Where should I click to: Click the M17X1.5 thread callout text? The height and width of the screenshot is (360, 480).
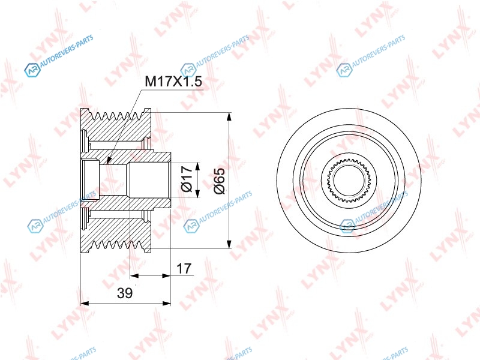pos(173,82)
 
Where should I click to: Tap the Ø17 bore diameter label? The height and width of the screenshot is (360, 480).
pos(187,179)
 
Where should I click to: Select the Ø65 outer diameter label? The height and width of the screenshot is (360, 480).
pos(219,181)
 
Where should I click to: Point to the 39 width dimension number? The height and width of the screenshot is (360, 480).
pos(125,293)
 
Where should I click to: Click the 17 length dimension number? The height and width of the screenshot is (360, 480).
pos(184,268)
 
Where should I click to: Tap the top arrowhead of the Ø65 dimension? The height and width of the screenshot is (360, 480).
pos(229,117)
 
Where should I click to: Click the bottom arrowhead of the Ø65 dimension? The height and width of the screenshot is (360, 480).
pos(229,244)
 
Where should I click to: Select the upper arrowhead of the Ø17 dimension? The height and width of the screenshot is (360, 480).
pos(197,167)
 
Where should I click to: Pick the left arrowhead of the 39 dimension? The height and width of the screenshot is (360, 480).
pos(85,304)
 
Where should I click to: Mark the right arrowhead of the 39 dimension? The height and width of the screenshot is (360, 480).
pos(166,304)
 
